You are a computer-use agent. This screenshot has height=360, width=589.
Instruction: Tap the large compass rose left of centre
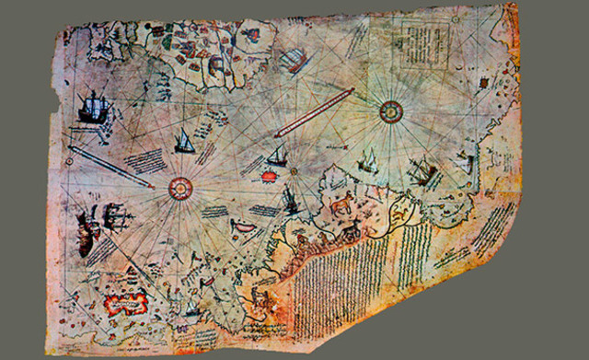(179, 187)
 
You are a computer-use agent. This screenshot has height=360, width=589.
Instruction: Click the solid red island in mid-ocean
(273, 174)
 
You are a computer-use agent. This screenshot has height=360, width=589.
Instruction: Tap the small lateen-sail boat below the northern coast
(184, 143)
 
